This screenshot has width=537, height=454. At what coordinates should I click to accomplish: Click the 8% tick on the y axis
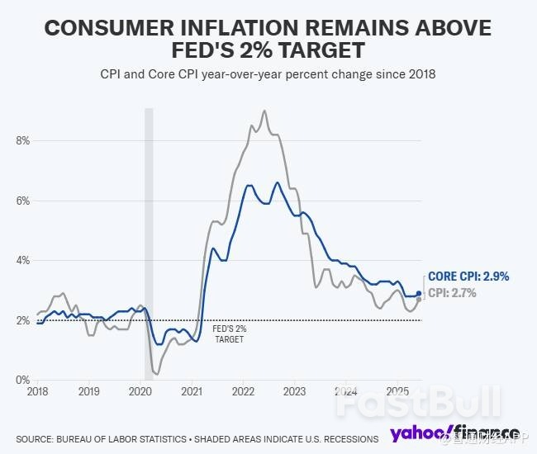pyautogui.click(x=22, y=140)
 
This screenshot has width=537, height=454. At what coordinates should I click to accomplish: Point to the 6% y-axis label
pyautogui.click(x=22, y=201)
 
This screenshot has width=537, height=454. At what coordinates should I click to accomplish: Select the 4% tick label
pyautogui.click(x=22, y=260)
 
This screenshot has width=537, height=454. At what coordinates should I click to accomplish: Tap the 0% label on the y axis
pyautogui.click(x=22, y=380)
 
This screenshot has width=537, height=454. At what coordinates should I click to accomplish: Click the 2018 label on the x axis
pyautogui.click(x=37, y=391)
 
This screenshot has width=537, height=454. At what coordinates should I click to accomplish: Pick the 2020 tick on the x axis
pyautogui.click(x=140, y=391)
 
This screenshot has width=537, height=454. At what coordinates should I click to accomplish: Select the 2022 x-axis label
pyautogui.click(x=243, y=391)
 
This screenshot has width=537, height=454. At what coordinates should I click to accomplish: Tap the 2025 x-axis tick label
pyautogui.click(x=397, y=391)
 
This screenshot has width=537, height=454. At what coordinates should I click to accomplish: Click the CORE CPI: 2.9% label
pyautogui.click(x=468, y=277)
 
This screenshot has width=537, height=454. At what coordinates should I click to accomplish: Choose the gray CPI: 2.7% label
pyautogui.click(x=453, y=292)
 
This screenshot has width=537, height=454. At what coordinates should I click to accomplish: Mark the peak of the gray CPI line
pyautogui.click(x=264, y=111)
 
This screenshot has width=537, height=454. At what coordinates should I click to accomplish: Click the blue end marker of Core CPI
pyautogui.click(x=419, y=293)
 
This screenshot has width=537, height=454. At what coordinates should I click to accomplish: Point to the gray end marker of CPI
pyautogui.click(x=419, y=299)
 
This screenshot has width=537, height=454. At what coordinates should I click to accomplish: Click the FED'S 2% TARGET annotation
pyautogui.click(x=230, y=333)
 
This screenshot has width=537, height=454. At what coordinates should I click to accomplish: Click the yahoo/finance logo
pyautogui.click(x=454, y=433)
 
